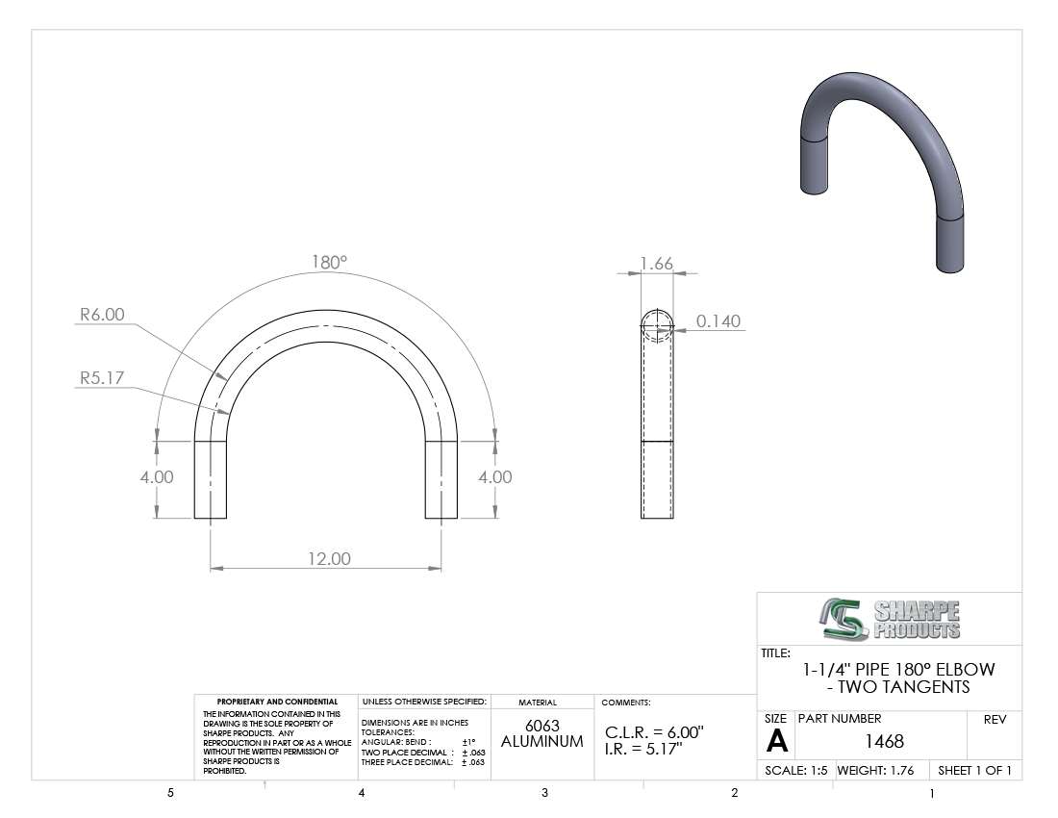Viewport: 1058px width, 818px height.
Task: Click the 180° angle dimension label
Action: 329,262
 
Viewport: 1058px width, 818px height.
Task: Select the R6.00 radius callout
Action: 103,315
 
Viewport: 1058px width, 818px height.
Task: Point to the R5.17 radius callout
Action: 103,378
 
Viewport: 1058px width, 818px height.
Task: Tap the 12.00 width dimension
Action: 329,559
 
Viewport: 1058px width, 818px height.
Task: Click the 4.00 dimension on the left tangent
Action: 157,477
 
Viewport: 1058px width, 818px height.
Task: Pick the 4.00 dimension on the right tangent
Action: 495,477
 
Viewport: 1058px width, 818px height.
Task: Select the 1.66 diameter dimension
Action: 657,264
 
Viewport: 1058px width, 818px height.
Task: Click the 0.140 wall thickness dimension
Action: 718,321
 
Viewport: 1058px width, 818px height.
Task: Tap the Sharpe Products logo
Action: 890,619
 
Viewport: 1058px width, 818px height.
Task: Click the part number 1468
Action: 885,742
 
